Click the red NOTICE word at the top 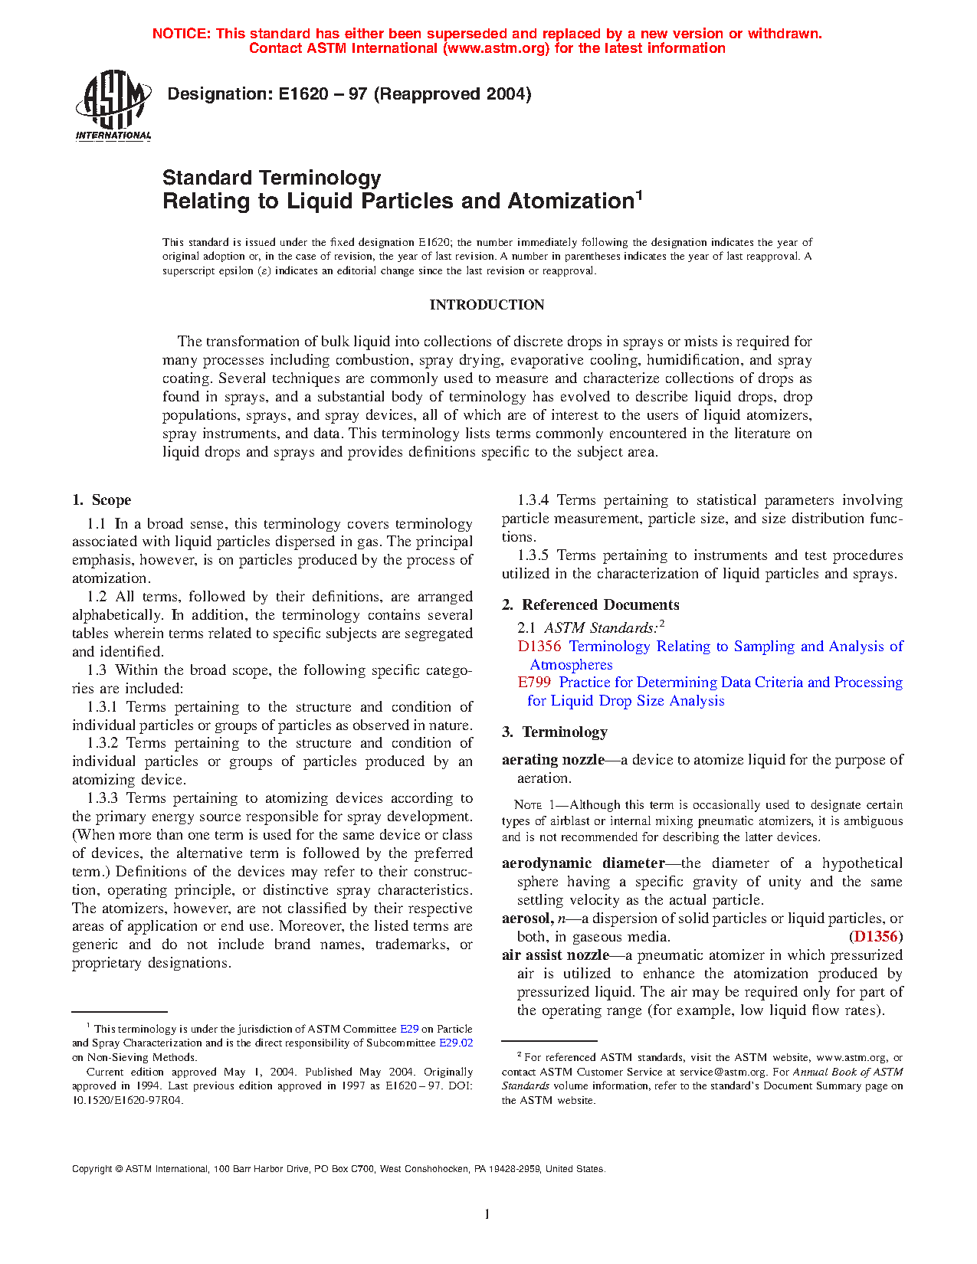[181, 34]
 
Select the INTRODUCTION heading [487, 305]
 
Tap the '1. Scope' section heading [102, 500]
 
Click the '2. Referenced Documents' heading [591, 605]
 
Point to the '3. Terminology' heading [555, 732]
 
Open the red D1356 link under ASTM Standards [539, 647]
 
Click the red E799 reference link [534, 683]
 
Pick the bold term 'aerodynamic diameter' [583, 863]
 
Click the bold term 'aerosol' [526, 919]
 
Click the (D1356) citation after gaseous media [876, 937]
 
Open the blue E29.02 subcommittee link [456, 1043]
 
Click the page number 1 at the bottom [487, 1213]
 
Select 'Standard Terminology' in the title [272, 178]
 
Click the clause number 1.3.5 [533, 555]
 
